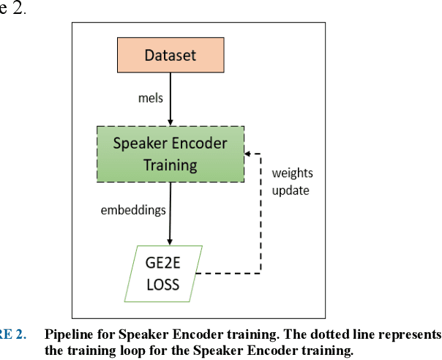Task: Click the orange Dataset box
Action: [171, 56]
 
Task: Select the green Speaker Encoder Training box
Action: [170, 154]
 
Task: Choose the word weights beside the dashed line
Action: [291, 173]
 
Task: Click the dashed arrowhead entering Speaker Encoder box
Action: [249, 154]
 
